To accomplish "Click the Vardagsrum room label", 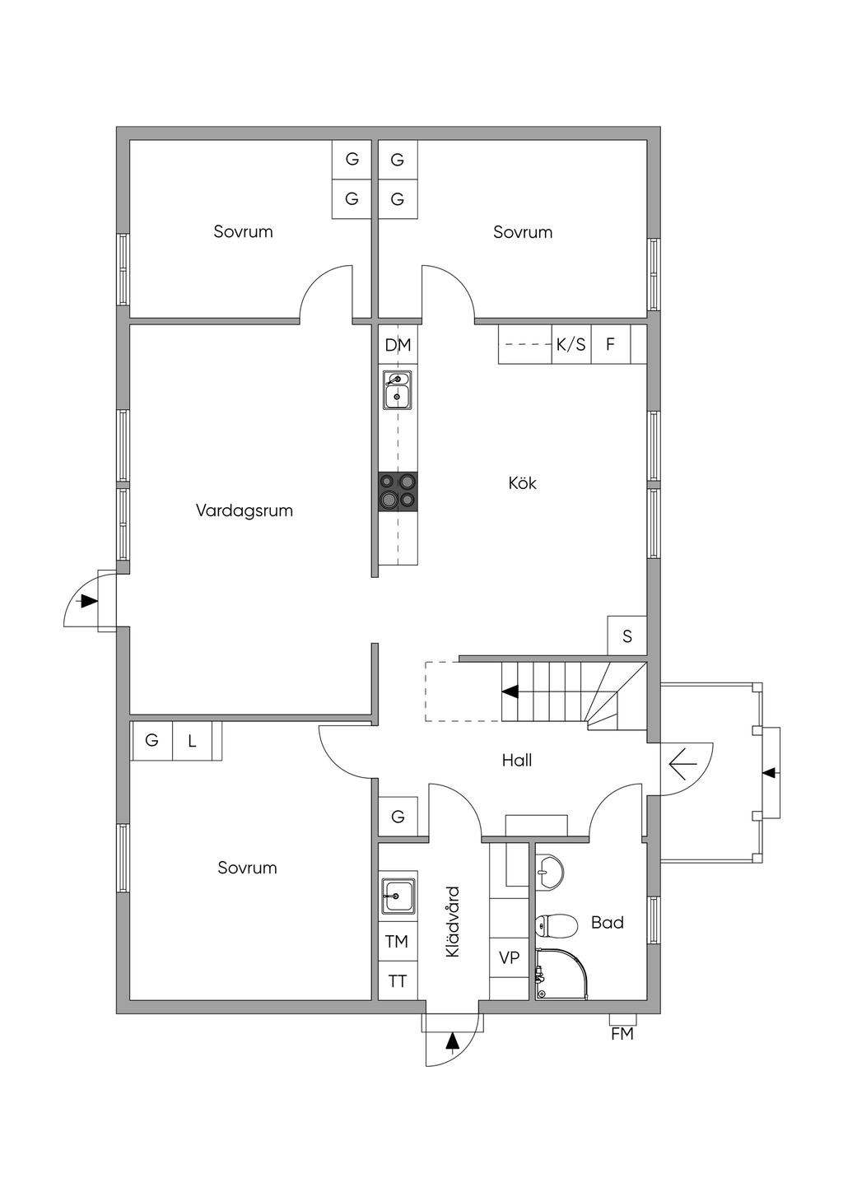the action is click(245, 511).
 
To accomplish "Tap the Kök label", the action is click(522, 483).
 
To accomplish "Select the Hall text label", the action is click(517, 761).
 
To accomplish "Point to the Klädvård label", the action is click(452, 922).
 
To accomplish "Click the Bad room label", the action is click(608, 922).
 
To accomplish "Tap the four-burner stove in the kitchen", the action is click(398, 491).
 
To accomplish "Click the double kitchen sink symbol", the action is click(398, 390).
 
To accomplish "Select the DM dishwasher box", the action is click(398, 345).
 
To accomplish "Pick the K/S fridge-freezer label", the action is click(571, 345).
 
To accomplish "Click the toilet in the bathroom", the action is click(557, 925).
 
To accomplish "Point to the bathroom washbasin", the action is click(549, 872).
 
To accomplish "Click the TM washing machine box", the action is click(397, 942).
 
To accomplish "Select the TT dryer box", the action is click(397, 980).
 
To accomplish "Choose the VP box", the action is click(509, 958).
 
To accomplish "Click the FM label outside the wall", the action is click(622, 1033).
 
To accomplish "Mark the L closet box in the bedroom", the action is click(192, 741).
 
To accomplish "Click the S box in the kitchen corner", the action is click(627, 636).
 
